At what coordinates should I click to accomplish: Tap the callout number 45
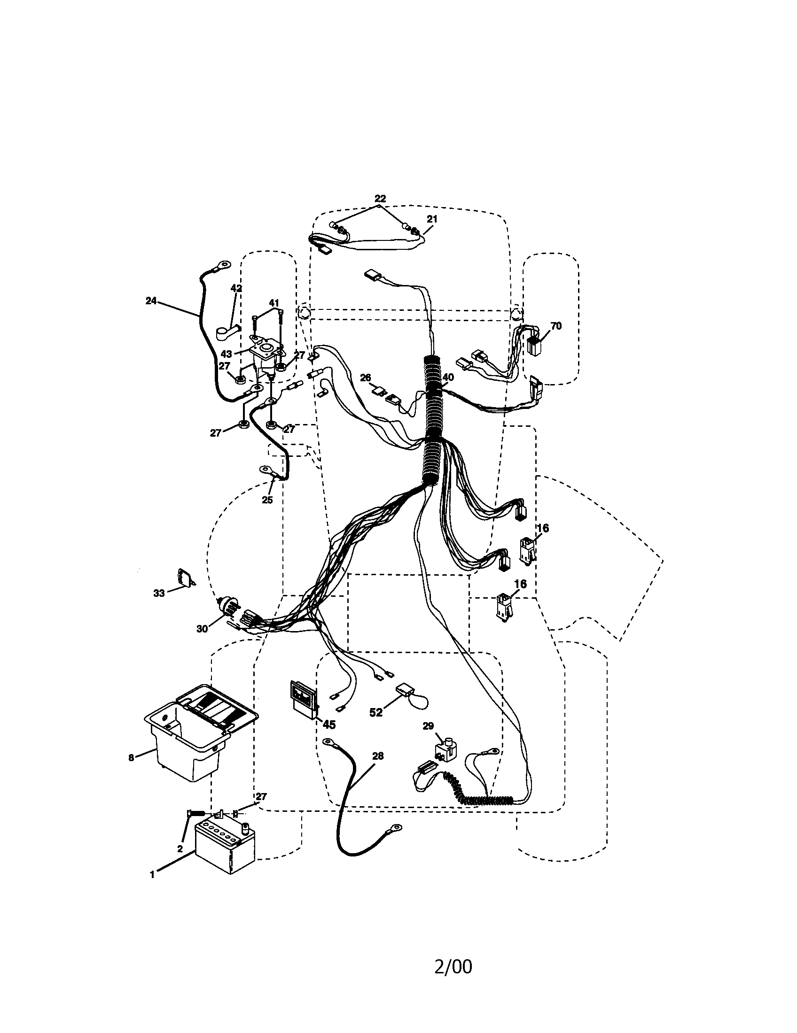pos(328,725)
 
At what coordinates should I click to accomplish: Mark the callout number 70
pos(556,326)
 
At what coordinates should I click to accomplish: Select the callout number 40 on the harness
pos(447,378)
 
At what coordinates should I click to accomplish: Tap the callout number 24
pos(151,301)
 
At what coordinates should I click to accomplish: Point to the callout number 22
pos(380,199)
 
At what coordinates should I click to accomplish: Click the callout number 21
pos(432,219)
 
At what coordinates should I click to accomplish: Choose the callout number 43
pos(226,354)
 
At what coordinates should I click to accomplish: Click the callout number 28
pos(378,756)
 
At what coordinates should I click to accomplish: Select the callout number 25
pos(267,500)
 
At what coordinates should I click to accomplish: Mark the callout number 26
pos(366,378)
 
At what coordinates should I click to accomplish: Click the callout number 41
pos(274,303)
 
